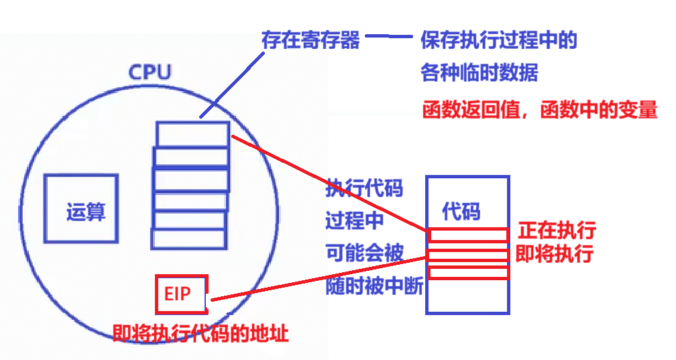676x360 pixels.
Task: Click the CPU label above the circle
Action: click(x=150, y=72)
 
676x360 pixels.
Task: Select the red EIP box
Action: click(x=181, y=294)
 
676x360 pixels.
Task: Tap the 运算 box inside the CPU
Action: click(x=81, y=208)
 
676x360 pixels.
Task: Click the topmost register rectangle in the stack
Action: click(x=192, y=133)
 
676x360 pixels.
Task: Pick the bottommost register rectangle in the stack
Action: click(x=188, y=239)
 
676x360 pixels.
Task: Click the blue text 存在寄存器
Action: click(x=311, y=40)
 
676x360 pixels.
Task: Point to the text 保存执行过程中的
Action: click(x=499, y=40)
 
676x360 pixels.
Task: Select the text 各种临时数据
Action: click(x=479, y=72)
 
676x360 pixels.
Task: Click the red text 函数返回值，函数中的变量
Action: click(x=539, y=109)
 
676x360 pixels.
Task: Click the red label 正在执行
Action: click(x=557, y=231)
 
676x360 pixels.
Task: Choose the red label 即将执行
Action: click(x=554, y=255)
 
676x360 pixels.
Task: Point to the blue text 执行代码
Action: click(x=364, y=188)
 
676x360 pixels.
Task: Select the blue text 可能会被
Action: click(x=364, y=253)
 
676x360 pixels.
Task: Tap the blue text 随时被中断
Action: click(x=374, y=286)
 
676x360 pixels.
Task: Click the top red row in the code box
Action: click(x=468, y=235)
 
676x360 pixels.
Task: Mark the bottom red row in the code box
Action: click(x=468, y=273)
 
